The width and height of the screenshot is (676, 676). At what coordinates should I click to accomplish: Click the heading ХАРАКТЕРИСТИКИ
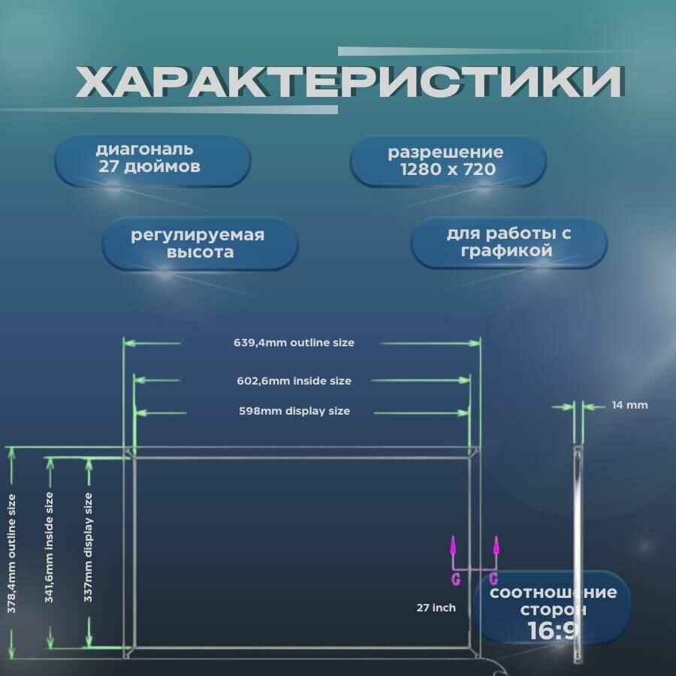click(349, 82)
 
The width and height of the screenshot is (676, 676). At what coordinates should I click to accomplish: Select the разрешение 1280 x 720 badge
click(448, 161)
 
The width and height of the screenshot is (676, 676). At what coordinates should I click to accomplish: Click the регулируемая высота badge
click(198, 243)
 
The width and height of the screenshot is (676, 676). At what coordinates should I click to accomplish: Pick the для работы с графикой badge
click(509, 242)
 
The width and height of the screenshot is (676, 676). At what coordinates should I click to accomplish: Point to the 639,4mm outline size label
click(293, 343)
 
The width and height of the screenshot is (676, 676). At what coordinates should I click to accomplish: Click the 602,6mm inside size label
click(294, 381)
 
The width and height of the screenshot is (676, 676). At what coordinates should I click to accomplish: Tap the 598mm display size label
click(294, 411)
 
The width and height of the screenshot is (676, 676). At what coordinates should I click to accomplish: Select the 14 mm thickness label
click(629, 405)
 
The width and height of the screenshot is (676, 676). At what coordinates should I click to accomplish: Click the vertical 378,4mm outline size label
click(12, 548)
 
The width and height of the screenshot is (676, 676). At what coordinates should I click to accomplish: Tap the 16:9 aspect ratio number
click(553, 629)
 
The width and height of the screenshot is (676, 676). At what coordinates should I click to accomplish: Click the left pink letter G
click(455, 578)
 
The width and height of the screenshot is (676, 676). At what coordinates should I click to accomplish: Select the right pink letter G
click(493, 578)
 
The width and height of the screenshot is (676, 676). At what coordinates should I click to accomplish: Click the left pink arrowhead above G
click(453, 544)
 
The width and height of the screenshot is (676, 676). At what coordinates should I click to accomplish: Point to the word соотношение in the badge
click(554, 593)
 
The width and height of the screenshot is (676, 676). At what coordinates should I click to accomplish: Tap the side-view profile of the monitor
click(577, 552)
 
